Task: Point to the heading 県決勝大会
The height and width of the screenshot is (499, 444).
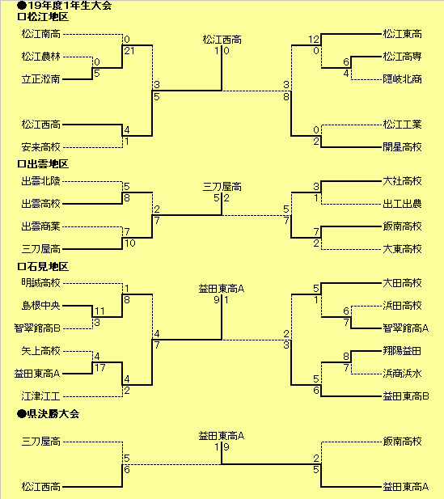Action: tap(53, 414)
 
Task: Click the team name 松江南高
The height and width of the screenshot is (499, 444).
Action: tap(41, 34)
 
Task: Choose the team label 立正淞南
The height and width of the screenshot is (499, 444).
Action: tap(41, 79)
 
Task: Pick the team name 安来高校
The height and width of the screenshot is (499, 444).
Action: tap(41, 147)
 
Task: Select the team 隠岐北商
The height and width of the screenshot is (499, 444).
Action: tap(402, 79)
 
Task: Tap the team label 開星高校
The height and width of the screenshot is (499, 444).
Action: tap(402, 147)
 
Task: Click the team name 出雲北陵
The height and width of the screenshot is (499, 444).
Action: tap(41, 181)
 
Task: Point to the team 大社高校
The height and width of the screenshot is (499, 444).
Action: tap(402, 181)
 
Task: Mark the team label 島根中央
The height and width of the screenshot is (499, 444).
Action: tap(41, 306)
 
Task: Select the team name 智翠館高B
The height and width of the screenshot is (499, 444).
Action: tap(37, 328)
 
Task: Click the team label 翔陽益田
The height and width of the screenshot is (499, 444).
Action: tap(402, 351)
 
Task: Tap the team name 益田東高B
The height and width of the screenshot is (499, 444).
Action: tap(406, 396)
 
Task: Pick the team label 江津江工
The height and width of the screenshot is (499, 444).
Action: tap(41, 396)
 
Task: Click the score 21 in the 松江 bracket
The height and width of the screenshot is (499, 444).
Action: tap(129, 51)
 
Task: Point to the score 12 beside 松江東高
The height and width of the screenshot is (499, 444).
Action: tap(314, 40)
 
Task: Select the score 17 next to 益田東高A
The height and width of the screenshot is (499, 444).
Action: tap(100, 368)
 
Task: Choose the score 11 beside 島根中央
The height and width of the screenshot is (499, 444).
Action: tap(100, 311)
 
